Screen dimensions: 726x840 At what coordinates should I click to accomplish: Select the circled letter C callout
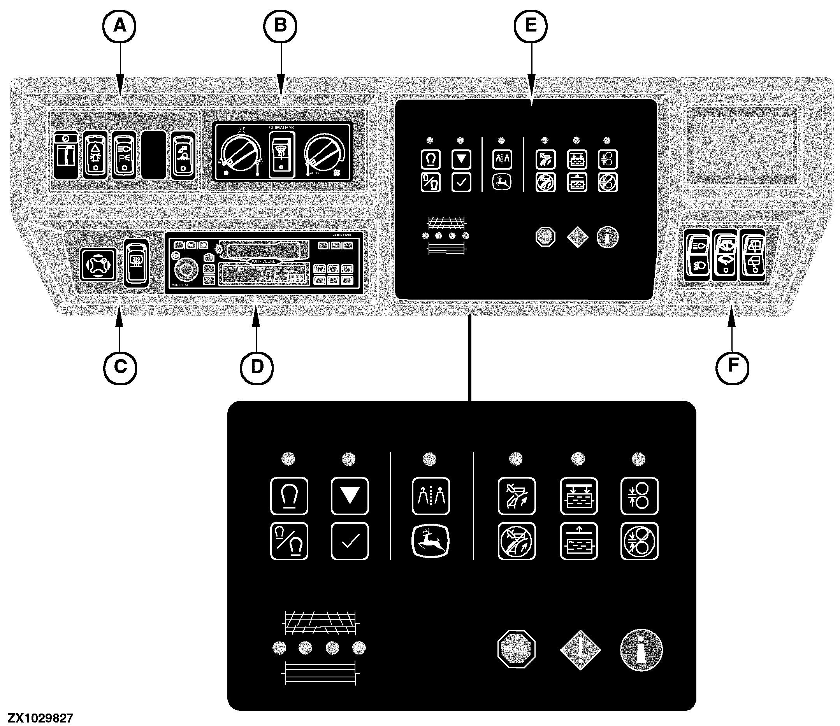coord(120,367)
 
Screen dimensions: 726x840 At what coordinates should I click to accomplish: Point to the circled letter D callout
coord(257,367)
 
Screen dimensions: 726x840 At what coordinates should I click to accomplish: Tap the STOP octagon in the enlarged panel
coord(516,649)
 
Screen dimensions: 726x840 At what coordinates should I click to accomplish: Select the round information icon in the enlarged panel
coord(641,649)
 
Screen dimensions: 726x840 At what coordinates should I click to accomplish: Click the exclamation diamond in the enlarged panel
coord(580,649)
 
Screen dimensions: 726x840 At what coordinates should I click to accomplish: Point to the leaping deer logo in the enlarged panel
coord(431,541)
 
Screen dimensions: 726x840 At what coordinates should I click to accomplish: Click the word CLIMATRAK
coord(281,128)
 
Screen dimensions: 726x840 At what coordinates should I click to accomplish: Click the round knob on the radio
coord(185,270)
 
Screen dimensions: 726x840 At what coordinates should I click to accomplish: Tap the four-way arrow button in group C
coord(98,265)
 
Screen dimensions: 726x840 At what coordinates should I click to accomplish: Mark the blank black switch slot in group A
coord(154,155)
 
